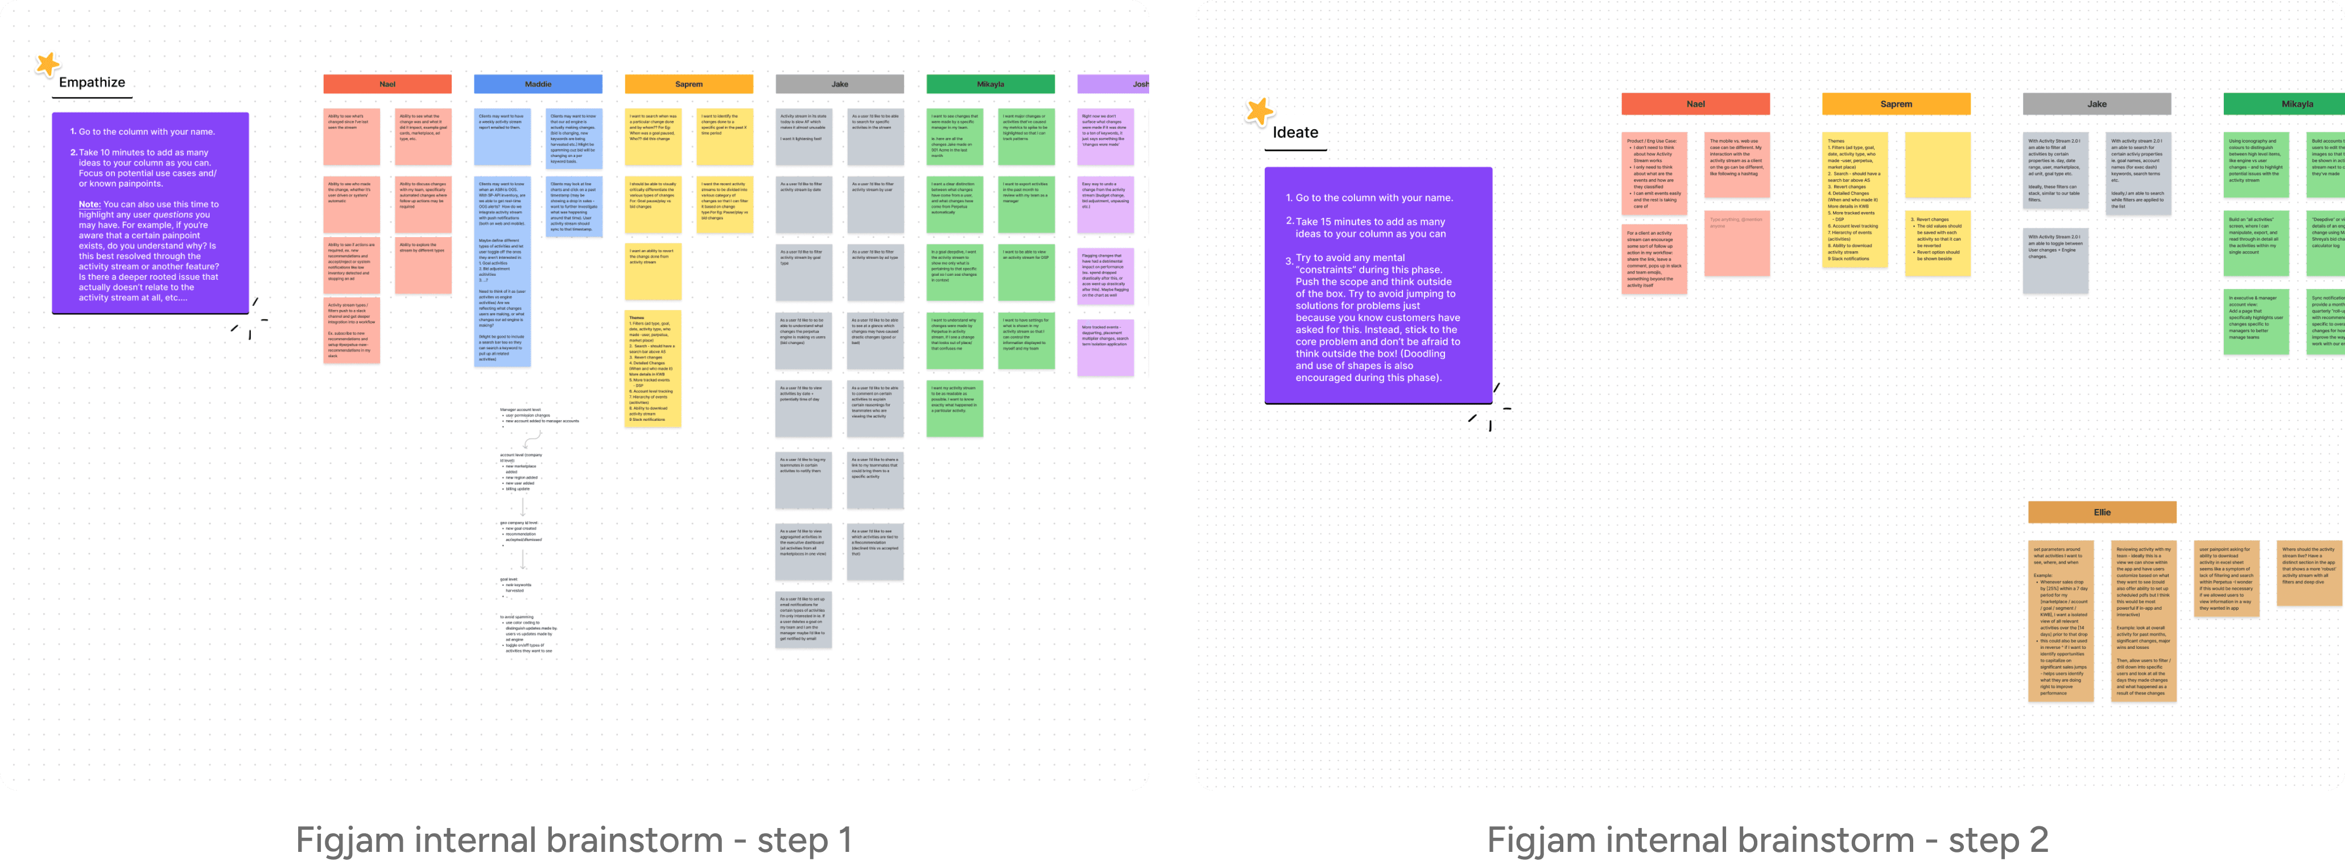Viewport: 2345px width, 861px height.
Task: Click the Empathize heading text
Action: (92, 82)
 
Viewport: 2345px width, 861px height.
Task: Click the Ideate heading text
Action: (1294, 132)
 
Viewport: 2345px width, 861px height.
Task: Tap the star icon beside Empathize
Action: (47, 64)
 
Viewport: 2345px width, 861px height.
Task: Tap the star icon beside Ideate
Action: (1259, 111)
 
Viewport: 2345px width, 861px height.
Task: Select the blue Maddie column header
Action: (538, 84)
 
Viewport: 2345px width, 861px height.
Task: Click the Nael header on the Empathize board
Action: (387, 84)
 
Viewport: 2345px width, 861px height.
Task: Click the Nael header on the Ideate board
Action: (1695, 104)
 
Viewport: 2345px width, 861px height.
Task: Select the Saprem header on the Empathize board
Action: (688, 84)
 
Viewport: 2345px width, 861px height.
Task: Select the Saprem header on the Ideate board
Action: (1896, 104)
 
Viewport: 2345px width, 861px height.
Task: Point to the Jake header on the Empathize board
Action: (839, 84)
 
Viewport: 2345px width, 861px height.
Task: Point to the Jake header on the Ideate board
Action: (2096, 104)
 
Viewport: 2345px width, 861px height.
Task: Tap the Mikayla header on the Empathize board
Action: (990, 84)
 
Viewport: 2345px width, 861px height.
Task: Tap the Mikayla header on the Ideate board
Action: (2285, 104)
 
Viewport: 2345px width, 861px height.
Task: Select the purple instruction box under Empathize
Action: (150, 213)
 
